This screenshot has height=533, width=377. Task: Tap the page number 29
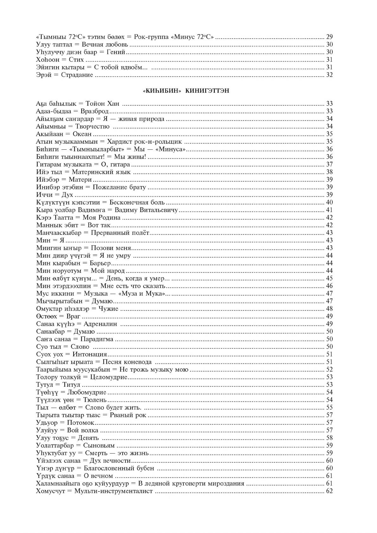pos(329,37)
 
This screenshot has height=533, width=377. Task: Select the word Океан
pos(82,134)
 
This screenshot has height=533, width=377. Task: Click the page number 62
pos(329,491)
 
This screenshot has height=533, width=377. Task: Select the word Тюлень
pos(95,400)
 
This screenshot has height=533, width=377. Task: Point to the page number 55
pos(329,407)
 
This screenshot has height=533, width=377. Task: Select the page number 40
pos(329,202)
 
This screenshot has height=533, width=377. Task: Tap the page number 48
pos(329,309)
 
